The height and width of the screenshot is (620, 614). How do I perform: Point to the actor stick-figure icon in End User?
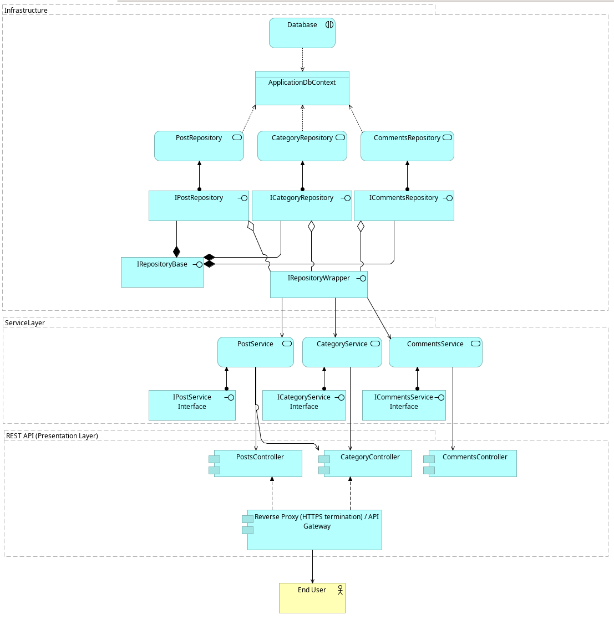(340, 590)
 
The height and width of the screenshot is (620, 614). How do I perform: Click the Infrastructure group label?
(26, 11)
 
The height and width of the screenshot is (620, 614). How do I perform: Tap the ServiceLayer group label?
(25, 323)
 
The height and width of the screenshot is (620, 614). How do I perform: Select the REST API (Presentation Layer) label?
(52, 436)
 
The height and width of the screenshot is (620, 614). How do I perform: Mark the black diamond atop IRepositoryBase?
(176, 252)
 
